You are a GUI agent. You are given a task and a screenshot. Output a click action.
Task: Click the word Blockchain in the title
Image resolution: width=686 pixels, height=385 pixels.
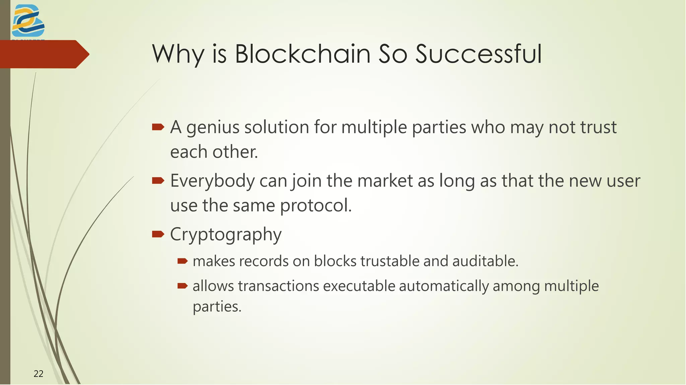tap(302, 54)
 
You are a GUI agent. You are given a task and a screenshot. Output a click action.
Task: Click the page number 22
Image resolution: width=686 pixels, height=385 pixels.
tap(39, 374)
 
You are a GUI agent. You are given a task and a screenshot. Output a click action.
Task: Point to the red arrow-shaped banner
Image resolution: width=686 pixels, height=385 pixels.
tap(44, 54)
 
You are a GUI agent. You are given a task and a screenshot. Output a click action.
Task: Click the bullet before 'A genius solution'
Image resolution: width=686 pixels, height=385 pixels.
tap(158, 127)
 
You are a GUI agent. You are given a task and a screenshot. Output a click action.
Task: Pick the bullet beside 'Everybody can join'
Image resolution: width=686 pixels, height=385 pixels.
tap(158, 181)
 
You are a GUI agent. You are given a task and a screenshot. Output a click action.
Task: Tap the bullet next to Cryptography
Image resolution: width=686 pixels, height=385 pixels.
tap(158, 234)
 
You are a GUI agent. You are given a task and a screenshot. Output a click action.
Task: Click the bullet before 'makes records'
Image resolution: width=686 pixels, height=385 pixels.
tap(182, 261)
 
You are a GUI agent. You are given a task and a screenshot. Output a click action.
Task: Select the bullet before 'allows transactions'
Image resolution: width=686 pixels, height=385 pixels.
tap(182, 286)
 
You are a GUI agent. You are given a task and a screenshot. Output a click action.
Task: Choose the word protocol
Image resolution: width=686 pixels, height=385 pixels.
tap(316, 206)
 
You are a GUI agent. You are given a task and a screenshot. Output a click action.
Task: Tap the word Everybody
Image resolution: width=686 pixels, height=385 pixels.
tap(212, 181)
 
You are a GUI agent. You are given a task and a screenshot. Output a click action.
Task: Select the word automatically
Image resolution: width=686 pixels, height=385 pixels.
tap(444, 286)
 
